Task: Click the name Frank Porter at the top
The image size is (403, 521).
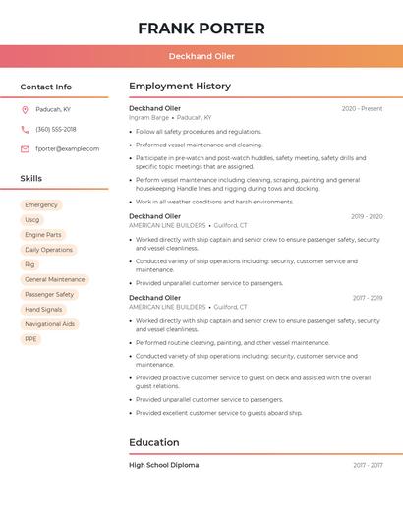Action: (201, 28)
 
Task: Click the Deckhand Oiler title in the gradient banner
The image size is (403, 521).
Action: (201, 56)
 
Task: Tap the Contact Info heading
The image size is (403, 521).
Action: (46, 87)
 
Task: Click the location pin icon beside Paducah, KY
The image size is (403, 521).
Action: (25, 110)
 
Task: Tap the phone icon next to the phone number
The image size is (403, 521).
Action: (25, 130)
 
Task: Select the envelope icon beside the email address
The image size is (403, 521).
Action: (25, 149)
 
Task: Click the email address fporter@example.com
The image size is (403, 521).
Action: (68, 149)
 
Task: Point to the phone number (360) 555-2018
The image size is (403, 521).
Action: (56, 130)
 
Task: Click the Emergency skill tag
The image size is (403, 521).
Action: (41, 205)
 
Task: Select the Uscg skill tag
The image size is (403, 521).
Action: (32, 220)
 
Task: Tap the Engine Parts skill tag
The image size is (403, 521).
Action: (43, 235)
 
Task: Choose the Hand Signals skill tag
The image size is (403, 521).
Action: (43, 310)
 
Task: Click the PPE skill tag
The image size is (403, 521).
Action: (31, 339)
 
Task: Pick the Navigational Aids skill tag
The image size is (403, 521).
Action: (49, 324)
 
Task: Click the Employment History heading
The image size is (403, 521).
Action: (180, 87)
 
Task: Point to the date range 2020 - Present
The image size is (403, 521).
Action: (362, 109)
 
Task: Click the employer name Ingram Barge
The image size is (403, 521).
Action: (148, 117)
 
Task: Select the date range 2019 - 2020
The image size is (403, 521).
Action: (367, 216)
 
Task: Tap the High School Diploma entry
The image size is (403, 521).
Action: (163, 465)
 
